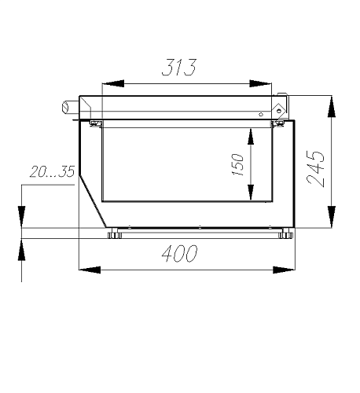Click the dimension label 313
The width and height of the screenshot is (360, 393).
pos(179,68)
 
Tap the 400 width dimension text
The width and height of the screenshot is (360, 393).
pos(179,254)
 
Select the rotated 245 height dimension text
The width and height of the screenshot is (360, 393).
pos(316,169)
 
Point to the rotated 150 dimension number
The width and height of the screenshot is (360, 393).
pos(237,164)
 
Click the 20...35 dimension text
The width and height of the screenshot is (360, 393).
pos(52,172)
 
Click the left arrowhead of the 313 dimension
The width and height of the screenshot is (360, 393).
pos(113,83)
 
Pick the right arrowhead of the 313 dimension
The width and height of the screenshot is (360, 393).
pos(261,83)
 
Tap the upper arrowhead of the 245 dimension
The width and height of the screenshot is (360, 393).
pos(332,107)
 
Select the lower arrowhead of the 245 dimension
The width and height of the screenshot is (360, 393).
pos(332,217)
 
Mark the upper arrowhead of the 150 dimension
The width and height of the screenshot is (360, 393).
pos(251,136)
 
